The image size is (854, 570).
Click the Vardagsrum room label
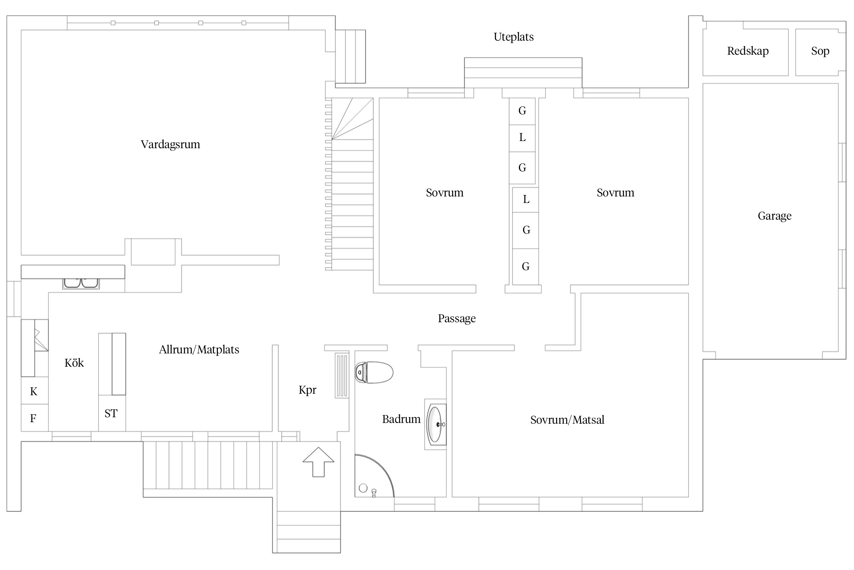coord(170,144)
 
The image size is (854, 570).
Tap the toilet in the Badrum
coord(373,372)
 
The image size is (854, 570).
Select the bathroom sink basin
coord(436,424)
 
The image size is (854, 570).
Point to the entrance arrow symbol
coord(318,462)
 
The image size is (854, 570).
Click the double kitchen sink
coord(81,283)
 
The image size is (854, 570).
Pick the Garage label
coord(774,216)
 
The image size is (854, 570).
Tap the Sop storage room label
coord(820,51)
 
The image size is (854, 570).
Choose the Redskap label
coord(748,51)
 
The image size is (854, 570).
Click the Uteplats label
coord(514,37)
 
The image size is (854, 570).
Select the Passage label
coord(457,318)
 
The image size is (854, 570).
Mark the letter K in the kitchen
coord(34,391)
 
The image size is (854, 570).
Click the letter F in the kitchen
coord(33,418)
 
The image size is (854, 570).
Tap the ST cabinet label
coord(111,413)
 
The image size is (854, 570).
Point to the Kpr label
coord(307,390)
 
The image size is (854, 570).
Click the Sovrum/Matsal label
coord(567,420)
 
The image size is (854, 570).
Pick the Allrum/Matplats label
coord(199,350)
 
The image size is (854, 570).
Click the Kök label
coord(74,363)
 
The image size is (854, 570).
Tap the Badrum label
coord(401,419)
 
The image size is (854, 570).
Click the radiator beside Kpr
coord(342,375)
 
